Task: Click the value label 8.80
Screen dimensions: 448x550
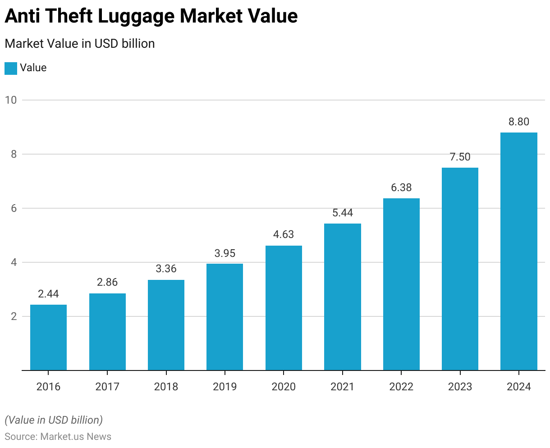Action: (518, 122)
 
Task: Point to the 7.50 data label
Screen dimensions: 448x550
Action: (460, 157)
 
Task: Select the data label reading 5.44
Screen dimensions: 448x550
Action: (343, 213)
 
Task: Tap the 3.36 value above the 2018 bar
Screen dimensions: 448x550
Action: (166, 269)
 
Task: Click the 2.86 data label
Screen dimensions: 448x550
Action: (107, 282)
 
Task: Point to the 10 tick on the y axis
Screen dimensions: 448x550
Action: (11, 100)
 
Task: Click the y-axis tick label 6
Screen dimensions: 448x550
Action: (14, 208)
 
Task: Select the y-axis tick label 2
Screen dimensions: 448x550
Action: (14, 316)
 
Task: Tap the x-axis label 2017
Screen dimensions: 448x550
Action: (107, 387)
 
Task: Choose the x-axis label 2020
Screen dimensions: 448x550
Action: (284, 387)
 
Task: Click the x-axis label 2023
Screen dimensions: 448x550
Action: (460, 387)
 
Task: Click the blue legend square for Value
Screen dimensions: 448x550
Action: (11, 68)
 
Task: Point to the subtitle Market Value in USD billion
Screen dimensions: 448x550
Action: (80, 44)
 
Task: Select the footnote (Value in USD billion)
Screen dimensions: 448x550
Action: (54, 420)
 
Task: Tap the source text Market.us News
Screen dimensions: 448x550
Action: (76, 436)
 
